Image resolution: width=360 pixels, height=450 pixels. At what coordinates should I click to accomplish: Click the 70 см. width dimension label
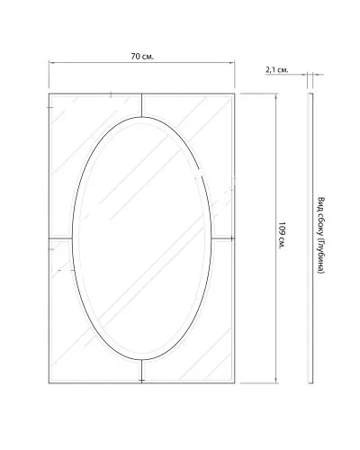tap(142, 57)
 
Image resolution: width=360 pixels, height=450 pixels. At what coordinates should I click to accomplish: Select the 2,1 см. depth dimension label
tap(277, 70)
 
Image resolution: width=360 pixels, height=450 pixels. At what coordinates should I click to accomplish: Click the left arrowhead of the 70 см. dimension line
tap(51, 63)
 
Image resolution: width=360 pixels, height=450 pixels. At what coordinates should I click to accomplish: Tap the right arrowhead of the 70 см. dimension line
tap(232, 63)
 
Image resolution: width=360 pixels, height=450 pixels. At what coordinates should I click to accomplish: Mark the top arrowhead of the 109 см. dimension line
tap(276, 96)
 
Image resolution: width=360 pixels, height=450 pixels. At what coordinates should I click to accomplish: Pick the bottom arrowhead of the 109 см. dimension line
tap(276, 380)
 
